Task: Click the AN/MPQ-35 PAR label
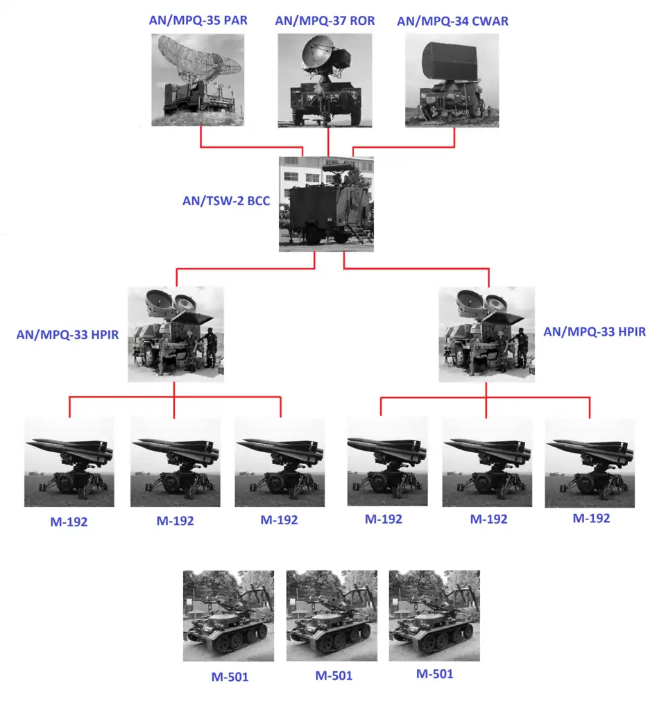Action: point(198,20)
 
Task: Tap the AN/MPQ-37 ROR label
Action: point(325,21)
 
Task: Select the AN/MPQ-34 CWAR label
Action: point(452,21)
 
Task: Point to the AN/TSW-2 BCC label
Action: point(226,201)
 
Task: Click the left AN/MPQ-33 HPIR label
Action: point(67,334)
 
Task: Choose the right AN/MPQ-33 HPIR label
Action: point(595,332)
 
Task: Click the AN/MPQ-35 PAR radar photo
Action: point(198,80)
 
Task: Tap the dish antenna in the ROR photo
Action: point(318,54)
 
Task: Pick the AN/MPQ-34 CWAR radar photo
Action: point(452,80)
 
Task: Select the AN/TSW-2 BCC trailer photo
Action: point(327,204)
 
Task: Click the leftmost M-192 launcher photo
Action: point(69,463)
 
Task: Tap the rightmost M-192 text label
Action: point(591,518)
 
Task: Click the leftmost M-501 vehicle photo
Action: point(228,616)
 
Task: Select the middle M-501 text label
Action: point(334,675)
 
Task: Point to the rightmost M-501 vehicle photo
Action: point(434,616)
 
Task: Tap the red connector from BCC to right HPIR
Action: point(416,269)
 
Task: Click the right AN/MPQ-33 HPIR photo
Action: point(487,334)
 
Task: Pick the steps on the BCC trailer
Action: point(361,233)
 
